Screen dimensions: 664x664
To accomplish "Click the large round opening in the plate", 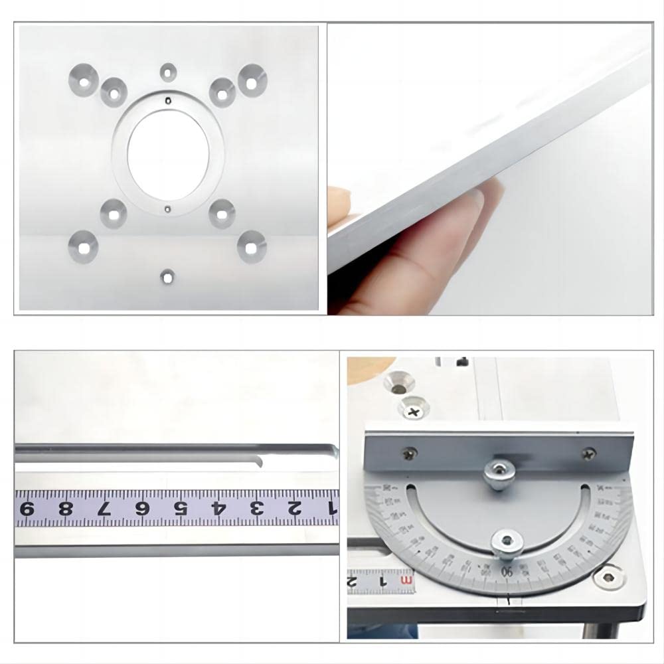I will point(167,153).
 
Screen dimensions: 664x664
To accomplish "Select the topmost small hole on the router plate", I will point(167,70).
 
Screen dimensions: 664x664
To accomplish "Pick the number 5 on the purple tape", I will point(179,509).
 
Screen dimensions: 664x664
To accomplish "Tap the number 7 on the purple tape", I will point(103,509).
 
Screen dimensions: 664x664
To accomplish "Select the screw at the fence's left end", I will point(406,454).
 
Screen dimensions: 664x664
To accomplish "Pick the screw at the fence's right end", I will point(588,454).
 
